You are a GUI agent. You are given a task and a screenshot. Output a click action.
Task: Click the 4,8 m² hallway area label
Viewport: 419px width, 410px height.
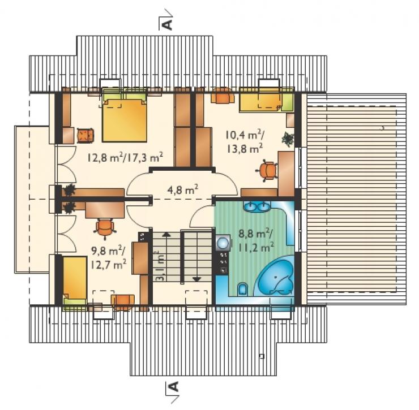(182, 191)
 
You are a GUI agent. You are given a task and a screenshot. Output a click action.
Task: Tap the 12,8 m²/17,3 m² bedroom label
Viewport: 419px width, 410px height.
(125, 157)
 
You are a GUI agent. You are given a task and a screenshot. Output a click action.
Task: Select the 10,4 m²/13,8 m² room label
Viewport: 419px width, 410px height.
(245, 141)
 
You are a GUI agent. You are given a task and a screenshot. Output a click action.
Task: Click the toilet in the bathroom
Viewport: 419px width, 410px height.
(242, 288)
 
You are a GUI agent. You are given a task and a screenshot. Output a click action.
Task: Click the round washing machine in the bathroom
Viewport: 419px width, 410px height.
(223, 243)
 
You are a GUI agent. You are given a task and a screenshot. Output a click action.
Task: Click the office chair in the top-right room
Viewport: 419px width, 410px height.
(266, 171)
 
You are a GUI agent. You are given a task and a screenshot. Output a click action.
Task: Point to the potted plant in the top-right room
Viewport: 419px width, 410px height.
(288, 139)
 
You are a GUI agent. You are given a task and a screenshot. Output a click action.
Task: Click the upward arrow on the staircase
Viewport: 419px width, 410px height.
(166, 235)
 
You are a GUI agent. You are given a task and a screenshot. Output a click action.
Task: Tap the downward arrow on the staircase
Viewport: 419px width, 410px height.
(196, 279)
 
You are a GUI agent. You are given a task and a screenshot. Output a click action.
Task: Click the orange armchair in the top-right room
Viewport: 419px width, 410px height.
(223, 95)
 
